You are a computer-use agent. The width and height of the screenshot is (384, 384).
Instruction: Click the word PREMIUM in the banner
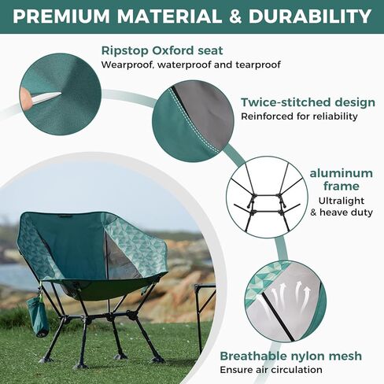pos(61,17)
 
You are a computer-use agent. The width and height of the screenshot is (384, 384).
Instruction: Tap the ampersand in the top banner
pos(234,17)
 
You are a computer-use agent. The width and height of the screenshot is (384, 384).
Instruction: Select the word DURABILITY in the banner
pos(310,17)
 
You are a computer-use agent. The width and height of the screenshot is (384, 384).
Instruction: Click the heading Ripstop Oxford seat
pos(162,50)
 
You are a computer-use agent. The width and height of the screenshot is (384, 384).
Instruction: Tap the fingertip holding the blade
pos(26,98)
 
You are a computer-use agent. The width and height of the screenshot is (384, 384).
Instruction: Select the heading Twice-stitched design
pos(308,102)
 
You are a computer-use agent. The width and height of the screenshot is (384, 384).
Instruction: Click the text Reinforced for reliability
pos(299,116)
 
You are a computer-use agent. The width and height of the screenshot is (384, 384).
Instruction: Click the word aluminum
pos(342,173)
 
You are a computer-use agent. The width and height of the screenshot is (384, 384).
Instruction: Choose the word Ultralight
pos(342,201)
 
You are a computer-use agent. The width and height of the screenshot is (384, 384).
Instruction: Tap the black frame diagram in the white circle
pos(265,198)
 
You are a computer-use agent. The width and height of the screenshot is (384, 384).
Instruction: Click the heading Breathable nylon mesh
pos(290,356)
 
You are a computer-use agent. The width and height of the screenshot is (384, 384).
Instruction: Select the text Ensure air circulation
pos(271,370)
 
